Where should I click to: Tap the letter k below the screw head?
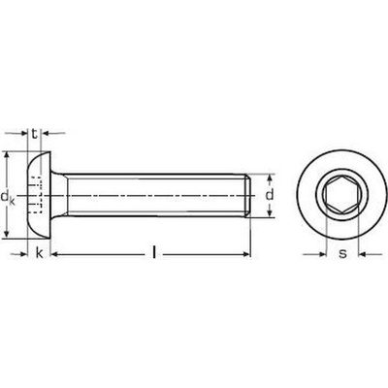(39, 254)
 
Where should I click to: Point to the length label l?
(155, 254)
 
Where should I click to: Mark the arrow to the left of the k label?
(23, 254)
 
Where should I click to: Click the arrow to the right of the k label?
(55, 254)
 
